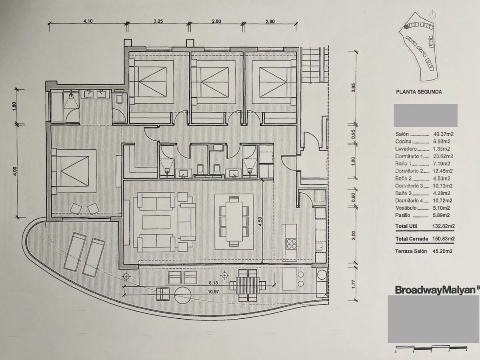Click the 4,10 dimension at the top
coord(88,22)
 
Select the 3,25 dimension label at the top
coord(158,22)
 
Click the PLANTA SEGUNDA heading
coord(418,92)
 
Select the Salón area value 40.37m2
coord(443,134)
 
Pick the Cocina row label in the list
coord(403,142)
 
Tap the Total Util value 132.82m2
coord(443,226)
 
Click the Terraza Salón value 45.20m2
coord(443,252)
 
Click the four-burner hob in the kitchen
coord(291,244)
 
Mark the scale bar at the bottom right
coord(431,347)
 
